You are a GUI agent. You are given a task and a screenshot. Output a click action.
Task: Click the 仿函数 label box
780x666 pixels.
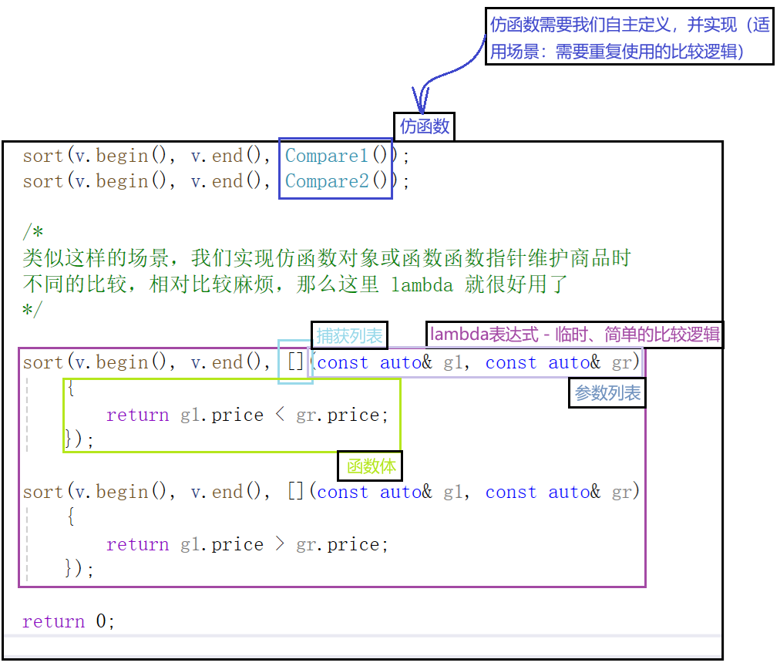[x=424, y=126]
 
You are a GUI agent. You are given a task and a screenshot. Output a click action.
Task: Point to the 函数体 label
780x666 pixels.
[x=370, y=466]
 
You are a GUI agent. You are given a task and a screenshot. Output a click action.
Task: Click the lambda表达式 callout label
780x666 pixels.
[x=574, y=335]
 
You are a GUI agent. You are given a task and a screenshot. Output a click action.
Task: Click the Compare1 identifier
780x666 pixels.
[x=327, y=156]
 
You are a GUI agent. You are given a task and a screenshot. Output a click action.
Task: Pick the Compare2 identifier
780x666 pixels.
[x=327, y=181]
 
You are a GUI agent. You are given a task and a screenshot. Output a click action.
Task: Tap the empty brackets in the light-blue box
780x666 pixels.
[x=296, y=362]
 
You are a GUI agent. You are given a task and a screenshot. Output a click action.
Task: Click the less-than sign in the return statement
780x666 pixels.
[x=279, y=415]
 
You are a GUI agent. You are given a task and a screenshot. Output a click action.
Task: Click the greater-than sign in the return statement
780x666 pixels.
[x=279, y=544]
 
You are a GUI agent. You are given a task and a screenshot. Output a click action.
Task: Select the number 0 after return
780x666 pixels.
[x=101, y=621]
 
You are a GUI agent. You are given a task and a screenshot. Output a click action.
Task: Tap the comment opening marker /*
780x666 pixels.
[x=33, y=231]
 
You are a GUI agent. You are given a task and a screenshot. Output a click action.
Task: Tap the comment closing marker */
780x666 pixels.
[x=33, y=310]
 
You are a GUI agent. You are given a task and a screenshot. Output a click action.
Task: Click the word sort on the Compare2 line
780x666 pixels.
[x=43, y=181]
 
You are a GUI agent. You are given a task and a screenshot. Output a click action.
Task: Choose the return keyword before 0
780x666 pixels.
[x=53, y=621]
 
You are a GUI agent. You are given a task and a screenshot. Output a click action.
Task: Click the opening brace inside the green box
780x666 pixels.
[x=71, y=388]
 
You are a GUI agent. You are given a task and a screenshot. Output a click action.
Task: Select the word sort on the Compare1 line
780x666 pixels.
[x=43, y=156]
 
